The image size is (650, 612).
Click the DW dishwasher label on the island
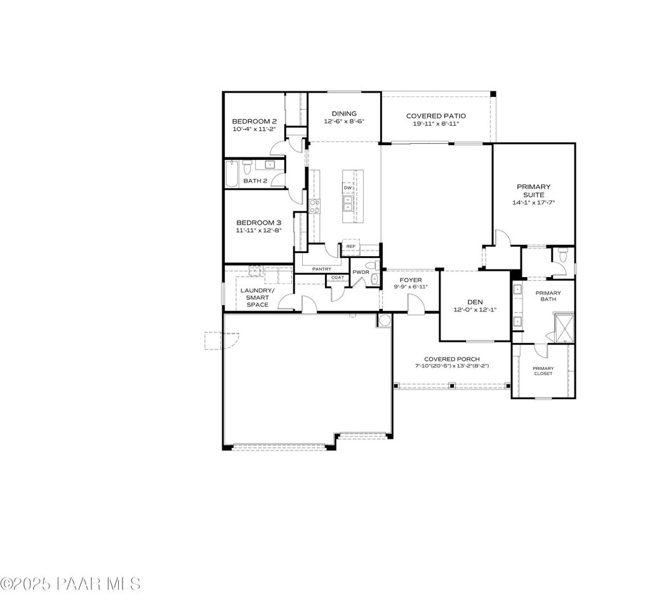[x=347, y=188]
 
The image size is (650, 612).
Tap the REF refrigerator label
[x=350, y=247]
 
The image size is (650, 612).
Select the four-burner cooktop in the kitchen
[x=314, y=205]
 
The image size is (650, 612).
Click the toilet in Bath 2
[x=248, y=166]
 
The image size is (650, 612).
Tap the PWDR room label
[x=361, y=272]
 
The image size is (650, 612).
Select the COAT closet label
[x=337, y=277]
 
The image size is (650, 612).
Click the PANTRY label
[x=321, y=269]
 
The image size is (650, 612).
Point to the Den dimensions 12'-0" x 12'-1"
[x=475, y=309]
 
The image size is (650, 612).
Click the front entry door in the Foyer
[x=416, y=306]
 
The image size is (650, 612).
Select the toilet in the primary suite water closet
[x=562, y=256]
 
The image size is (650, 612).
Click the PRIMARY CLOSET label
[x=543, y=371]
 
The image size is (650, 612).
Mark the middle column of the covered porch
[x=451, y=385]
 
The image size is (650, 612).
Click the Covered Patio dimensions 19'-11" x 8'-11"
[x=435, y=124]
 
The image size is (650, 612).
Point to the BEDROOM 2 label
[x=254, y=121]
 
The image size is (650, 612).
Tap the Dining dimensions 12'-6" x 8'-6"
[x=344, y=121]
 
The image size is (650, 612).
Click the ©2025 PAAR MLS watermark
[x=70, y=583]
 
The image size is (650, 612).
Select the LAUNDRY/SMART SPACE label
[x=258, y=297]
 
